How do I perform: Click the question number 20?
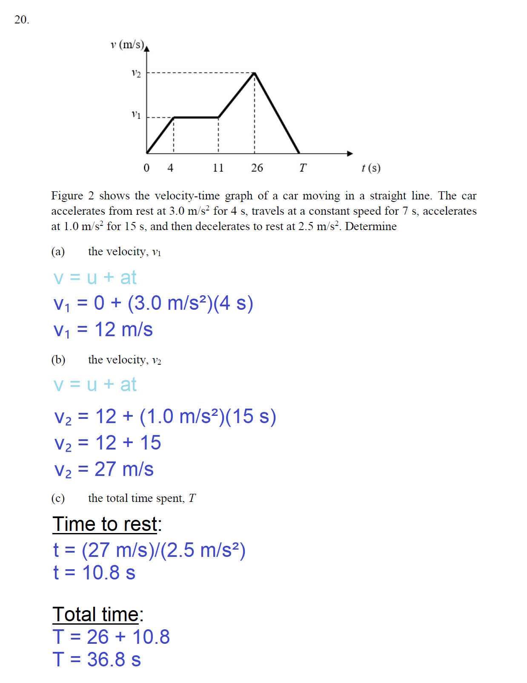pyautogui.click(x=21, y=20)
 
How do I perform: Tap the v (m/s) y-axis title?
pyautogui.click(x=127, y=45)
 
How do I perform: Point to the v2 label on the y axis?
pyautogui.click(x=136, y=74)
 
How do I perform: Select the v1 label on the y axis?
pyautogui.click(x=136, y=115)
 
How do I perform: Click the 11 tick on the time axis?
pyautogui.click(x=218, y=168)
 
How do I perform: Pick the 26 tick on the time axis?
pyautogui.click(x=257, y=168)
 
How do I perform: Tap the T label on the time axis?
pyautogui.click(x=303, y=168)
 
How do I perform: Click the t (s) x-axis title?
pyautogui.click(x=371, y=168)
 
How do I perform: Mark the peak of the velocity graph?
pyautogui.click(x=255, y=73)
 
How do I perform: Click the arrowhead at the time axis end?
pyautogui.click(x=350, y=153)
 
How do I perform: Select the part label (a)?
pyautogui.click(x=58, y=251)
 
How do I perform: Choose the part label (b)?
pyautogui.click(x=58, y=360)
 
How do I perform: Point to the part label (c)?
pyautogui.click(x=58, y=498)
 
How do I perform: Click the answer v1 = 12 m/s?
pyautogui.click(x=103, y=330)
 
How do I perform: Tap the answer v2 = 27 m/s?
pyautogui.click(x=104, y=470)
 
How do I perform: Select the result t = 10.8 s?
pyautogui.click(x=95, y=573)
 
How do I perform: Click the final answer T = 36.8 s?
pyautogui.click(x=97, y=660)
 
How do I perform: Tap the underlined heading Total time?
pyautogui.click(x=96, y=614)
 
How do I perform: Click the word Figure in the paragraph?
pyautogui.click(x=67, y=196)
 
